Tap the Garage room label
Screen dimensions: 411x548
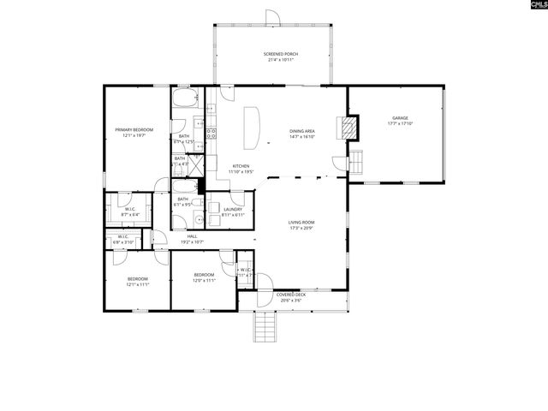pos(400,121)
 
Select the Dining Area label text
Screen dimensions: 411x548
pos(302,133)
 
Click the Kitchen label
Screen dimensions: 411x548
pos(241,168)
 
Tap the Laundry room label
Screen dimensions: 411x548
pos(233,211)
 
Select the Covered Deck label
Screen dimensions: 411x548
pos(290,296)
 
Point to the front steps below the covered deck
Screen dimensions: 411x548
pos(265,325)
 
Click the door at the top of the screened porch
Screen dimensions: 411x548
pos(272,18)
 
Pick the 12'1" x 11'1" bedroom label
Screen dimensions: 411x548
pos(139,281)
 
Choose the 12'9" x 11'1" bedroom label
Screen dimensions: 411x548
pos(204,277)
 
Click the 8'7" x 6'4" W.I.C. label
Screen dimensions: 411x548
pos(130,211)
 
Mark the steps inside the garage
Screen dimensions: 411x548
pos(357,161)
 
